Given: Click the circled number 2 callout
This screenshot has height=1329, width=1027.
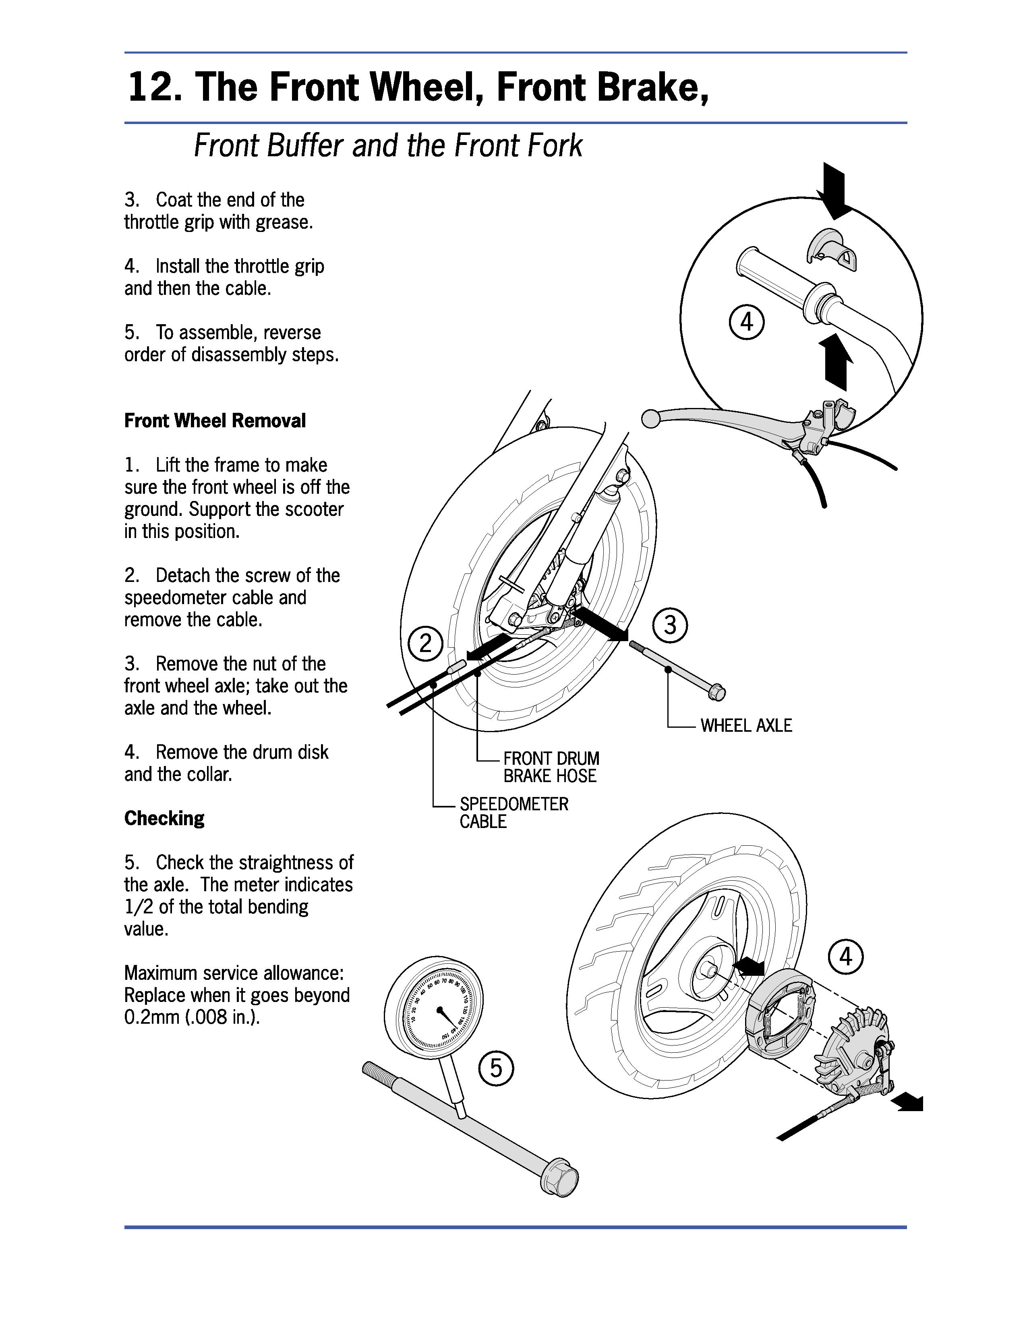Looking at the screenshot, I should tap(425, 643).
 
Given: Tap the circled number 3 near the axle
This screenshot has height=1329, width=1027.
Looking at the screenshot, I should tap(670, 625).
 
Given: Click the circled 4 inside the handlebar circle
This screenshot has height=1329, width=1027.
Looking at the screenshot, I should tap(747, 321).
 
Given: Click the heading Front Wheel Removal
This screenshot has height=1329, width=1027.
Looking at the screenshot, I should tap(215, 420).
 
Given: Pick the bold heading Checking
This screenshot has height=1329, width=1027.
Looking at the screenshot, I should tap(164, 818).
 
